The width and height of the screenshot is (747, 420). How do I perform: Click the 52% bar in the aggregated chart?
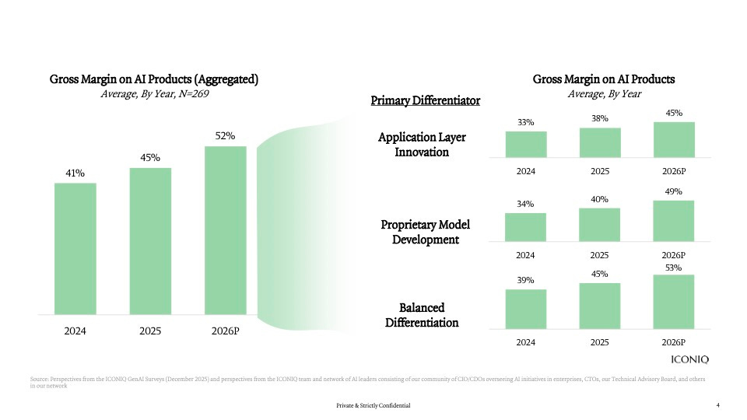point(226,229)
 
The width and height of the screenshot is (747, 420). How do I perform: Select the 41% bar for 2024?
point(75,248)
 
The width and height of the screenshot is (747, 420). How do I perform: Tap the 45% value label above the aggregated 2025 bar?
point(150,158)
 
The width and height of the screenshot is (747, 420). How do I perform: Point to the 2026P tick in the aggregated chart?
point(226,331)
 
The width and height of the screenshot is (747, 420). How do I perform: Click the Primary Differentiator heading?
point(425,101)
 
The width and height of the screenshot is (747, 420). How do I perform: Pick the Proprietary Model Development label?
point(425,232)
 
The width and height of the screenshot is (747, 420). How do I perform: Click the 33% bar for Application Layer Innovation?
point(525,144)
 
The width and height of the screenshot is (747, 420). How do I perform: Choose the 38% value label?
point(599,118)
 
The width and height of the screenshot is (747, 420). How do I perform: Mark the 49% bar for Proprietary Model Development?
point(673,221)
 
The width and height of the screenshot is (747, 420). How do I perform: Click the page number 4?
point(717,405)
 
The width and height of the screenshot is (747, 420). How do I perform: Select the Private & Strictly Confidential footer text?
point(373,406)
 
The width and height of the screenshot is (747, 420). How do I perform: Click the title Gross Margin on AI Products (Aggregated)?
point(154,79)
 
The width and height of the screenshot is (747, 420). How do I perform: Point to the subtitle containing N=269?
point(155,94)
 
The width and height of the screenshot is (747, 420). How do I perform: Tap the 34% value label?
point(525,204)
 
